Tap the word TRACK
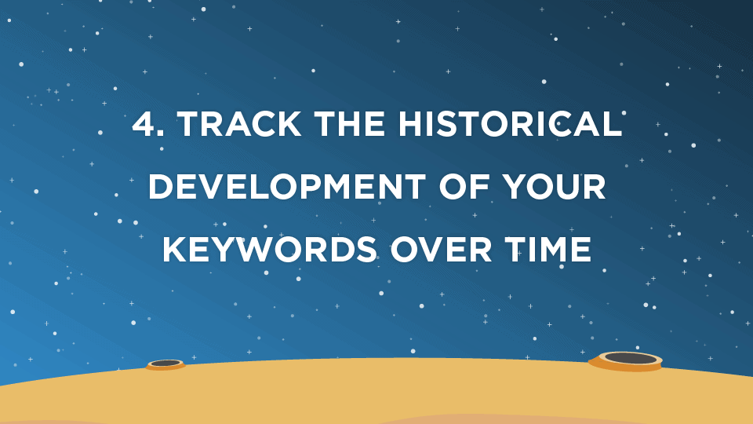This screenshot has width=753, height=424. (x=239, y=123)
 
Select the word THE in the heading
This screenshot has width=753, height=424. (x=350, y=123)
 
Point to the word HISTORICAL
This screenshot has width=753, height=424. (x=510, y=123)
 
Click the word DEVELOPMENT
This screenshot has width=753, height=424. (x=287, y=186)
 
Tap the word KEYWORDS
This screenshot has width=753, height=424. (x=269, y=249)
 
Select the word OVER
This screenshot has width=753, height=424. (x=441, y=249)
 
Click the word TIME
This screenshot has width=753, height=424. (x=547, y=249)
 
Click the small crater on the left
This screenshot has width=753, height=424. (x=166, y=365)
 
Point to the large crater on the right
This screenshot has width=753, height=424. (x=626, y=361)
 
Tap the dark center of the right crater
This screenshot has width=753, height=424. (x=631, y=358)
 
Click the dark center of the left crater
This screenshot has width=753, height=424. (x=166, y=363)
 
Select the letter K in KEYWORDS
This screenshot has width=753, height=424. (x=174, y=249)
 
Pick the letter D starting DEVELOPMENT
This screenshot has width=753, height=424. (x=160, y=186)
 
